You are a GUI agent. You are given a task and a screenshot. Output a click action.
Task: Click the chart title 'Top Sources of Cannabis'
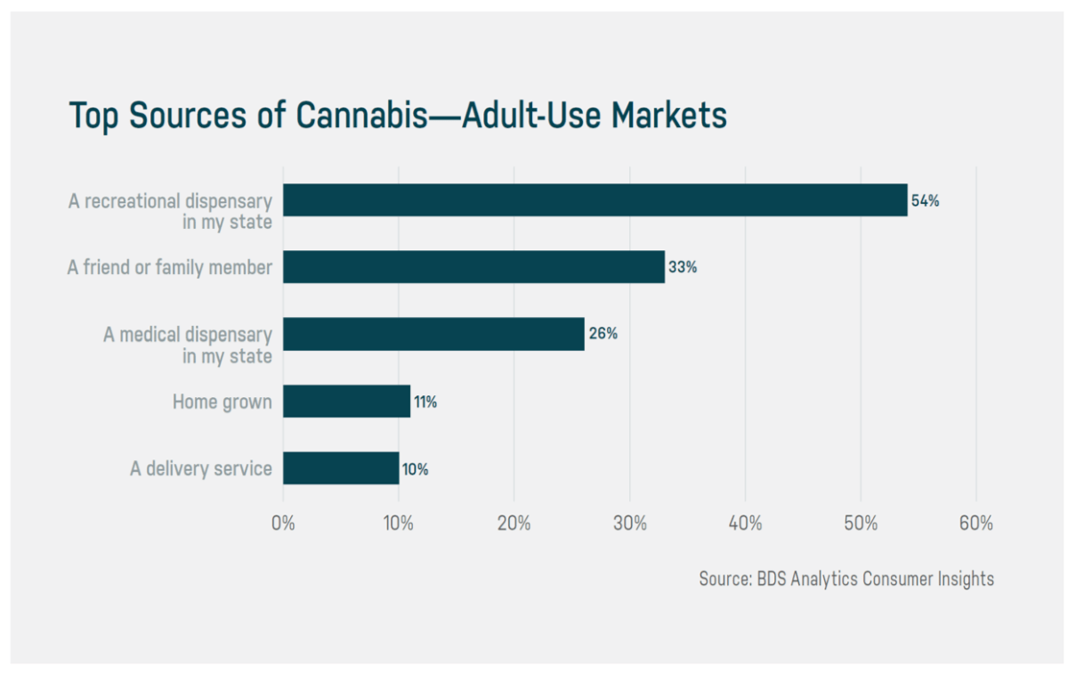398,117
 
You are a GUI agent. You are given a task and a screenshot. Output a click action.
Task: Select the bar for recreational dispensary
595,200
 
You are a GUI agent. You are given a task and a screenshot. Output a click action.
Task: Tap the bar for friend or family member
473,266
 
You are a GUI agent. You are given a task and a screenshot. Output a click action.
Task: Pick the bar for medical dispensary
433,334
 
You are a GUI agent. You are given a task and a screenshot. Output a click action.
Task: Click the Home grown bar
346,402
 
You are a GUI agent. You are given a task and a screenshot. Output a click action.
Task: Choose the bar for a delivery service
341,468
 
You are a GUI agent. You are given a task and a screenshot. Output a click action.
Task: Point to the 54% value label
926,201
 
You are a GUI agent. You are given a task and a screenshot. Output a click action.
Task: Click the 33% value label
683,267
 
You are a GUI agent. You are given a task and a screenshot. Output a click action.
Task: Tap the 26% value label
603,335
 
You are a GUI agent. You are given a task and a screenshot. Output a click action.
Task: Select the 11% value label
425,402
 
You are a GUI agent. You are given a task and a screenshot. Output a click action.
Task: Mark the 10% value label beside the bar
415,469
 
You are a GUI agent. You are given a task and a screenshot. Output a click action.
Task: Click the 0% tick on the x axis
283,524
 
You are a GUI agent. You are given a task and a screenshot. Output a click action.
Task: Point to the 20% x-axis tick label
514,524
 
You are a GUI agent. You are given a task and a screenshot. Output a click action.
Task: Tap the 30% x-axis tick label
629,524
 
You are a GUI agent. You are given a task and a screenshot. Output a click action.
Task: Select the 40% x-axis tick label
745,524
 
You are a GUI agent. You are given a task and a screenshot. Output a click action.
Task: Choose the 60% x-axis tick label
975,524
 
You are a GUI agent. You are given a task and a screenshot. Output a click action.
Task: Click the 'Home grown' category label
222,402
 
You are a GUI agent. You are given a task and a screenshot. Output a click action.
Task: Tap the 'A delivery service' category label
201,468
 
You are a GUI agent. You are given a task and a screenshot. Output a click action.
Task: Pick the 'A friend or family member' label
169,266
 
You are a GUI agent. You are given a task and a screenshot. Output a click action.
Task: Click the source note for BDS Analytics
846,579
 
